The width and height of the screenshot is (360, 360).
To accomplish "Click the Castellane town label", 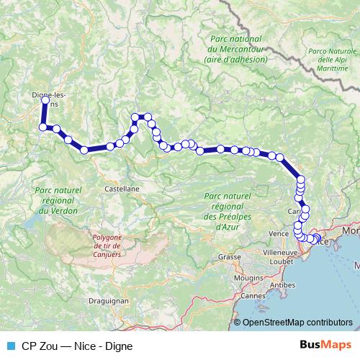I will [122, 187].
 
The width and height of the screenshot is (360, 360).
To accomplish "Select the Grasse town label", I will [230, 257].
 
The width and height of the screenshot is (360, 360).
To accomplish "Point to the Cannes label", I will [252, 295].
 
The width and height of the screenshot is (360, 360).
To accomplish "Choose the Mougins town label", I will [248, 276].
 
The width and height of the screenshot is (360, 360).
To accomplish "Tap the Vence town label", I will [278, 234].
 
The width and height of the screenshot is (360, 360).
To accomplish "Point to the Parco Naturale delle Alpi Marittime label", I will [332, 60].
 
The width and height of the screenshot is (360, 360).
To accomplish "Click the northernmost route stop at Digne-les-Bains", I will [45, 101].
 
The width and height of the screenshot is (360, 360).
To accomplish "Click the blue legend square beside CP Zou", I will [10, 346].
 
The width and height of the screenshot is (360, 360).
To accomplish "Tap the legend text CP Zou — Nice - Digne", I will [77, 346].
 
